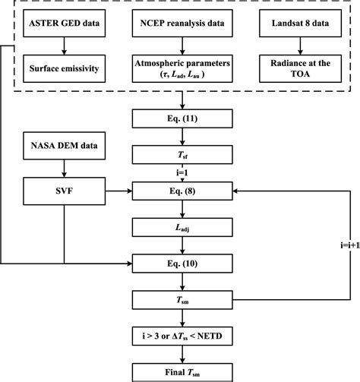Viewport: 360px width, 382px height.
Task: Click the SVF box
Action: click(65, 191)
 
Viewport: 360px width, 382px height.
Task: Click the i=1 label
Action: click(180, 172)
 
